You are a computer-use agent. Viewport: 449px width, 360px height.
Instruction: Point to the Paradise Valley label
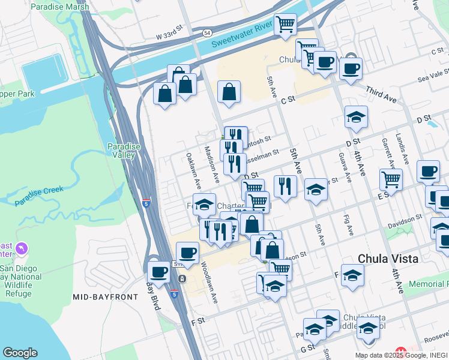point(124,151)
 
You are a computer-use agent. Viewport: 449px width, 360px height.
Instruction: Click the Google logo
point(20,353)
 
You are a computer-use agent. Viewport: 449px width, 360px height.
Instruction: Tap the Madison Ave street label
point(211,164)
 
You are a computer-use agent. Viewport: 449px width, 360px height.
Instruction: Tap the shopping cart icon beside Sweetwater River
point(286,25)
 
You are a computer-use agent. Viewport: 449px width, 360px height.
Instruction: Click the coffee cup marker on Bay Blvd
point(158,272)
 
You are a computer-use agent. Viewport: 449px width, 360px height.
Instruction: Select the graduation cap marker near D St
point(356,117)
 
